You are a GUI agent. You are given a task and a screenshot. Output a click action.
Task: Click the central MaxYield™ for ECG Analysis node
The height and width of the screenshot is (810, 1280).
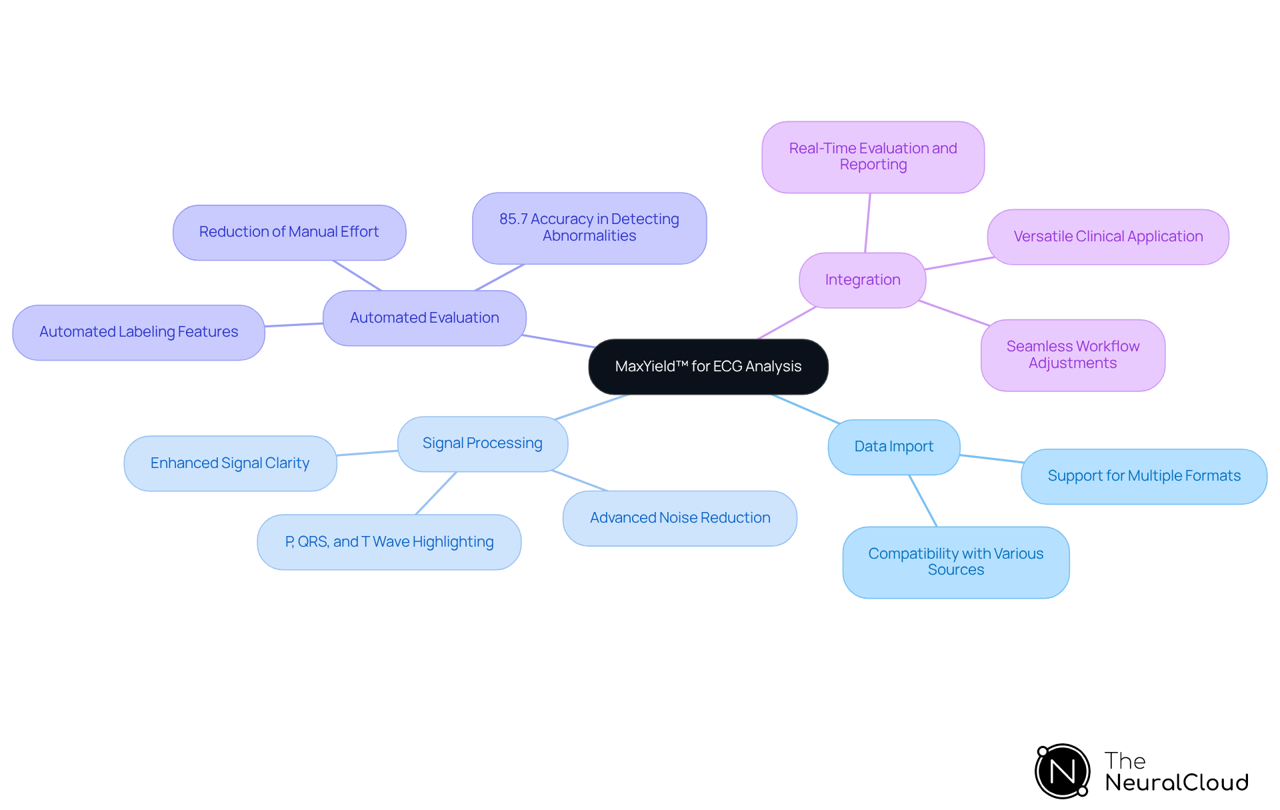(x=708, y=367)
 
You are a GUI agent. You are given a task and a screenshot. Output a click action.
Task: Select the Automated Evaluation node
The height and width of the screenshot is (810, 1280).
(x=425, y=318)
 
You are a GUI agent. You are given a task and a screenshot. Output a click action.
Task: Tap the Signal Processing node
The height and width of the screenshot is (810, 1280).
(x=482, y=443)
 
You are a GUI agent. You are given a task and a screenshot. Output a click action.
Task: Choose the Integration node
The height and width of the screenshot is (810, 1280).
(x=862, y=280)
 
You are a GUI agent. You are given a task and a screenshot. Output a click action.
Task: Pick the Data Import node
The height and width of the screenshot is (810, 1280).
(x=893, y=447)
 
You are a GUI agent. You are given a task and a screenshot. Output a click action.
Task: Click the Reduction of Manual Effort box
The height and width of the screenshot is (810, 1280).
(x=289, y=232)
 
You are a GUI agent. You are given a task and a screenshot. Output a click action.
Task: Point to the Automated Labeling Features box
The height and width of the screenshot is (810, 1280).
(x=139, y=332)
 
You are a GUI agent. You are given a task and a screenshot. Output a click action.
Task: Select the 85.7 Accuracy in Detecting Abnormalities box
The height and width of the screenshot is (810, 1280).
(x=589, y=228)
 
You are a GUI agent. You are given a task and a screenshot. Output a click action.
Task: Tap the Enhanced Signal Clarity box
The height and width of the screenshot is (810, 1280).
(x=230, y=463)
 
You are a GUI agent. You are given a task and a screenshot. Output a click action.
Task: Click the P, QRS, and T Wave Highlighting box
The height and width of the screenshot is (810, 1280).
(x=389, y=542)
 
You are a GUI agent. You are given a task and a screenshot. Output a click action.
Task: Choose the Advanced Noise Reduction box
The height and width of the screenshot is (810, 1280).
(x=680, y=518)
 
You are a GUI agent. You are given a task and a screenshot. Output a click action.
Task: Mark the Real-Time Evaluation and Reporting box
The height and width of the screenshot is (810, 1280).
(x=873, y=157)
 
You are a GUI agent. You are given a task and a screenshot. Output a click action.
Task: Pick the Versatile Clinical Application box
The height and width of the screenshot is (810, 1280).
(x=1108, y=237)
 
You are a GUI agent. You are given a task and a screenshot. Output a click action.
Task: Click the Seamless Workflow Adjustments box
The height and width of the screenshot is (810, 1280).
(x=1073, y=355)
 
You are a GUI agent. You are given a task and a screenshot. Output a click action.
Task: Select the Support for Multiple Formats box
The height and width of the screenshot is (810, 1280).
(x=1144, y=476)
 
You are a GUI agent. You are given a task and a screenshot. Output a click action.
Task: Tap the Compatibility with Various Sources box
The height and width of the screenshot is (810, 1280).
(x=956, y=562)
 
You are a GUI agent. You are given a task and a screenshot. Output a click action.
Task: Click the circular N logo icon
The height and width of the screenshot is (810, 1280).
(x=1063, y=771)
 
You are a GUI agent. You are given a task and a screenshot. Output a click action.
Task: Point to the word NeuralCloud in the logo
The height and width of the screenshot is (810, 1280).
(x=1177, y=783)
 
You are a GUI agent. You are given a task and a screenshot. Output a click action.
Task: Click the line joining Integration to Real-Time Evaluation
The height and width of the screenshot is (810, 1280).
(x=867, y=223)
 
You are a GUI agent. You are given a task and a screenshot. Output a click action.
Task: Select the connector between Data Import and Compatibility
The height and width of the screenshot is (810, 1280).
(x=923, y=501)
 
